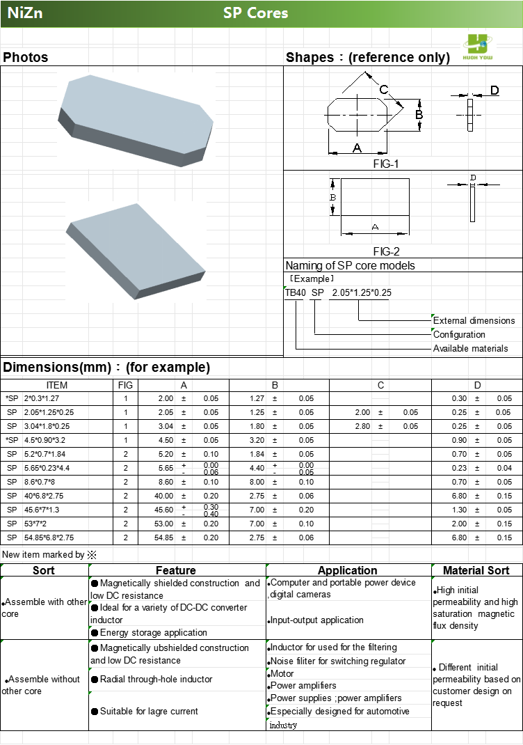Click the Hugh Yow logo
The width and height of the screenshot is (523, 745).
click(478, 47)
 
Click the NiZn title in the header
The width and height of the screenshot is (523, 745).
click(25, 13)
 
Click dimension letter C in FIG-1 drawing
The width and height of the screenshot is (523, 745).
click(383, 90)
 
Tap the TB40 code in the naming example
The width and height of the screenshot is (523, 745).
click(295, 292)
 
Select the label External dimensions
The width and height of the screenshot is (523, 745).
click(474, 321)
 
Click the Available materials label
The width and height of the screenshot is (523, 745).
click(471, 348)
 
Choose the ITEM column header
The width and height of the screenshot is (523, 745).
click(57, 385)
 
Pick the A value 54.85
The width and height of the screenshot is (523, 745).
click(164, 538)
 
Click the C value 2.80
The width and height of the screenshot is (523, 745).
click(362, 426)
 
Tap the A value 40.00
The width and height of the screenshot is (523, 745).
click(164, 496)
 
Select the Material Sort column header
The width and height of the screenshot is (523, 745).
click(476, 570)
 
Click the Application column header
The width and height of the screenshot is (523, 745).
click(347, 570)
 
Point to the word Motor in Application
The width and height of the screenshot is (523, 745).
click(282, 673)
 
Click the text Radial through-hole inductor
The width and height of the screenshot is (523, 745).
click(156, 679)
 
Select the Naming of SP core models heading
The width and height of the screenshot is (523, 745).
click(350, 265)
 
